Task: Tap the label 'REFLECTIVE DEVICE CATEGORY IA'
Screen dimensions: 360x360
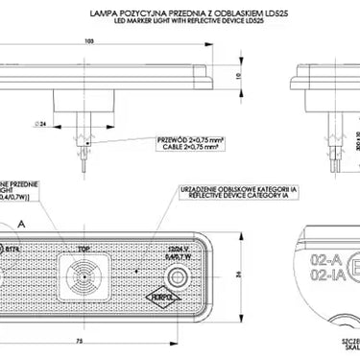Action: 220,198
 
